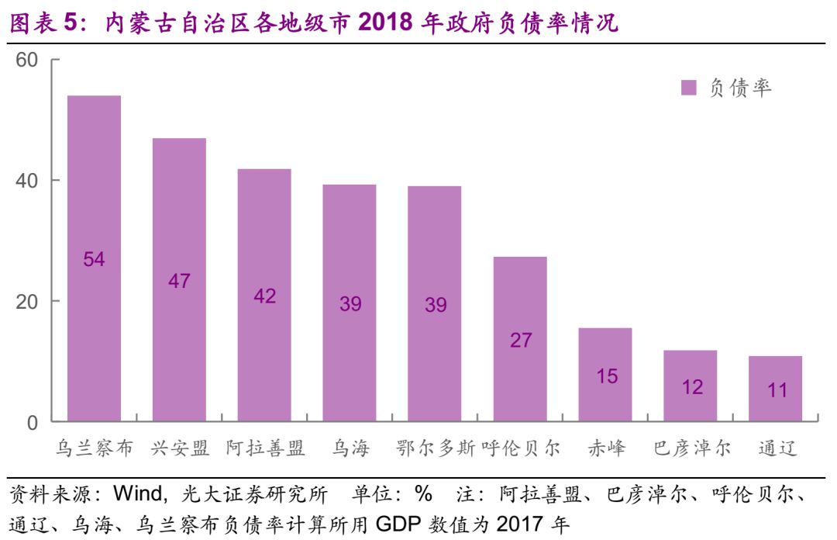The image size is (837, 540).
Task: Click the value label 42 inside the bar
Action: [264, 296]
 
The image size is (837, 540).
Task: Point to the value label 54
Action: [94, 259]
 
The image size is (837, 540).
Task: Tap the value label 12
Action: [691, 386]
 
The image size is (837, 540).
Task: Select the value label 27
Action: [520, 340]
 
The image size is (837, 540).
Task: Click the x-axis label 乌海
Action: [350, 448]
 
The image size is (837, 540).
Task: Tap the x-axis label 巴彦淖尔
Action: [691, 448]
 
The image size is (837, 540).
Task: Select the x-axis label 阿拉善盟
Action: [265, 448]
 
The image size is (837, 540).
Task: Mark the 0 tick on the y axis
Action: [33, 423]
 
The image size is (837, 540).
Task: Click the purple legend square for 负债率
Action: [688, 88]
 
